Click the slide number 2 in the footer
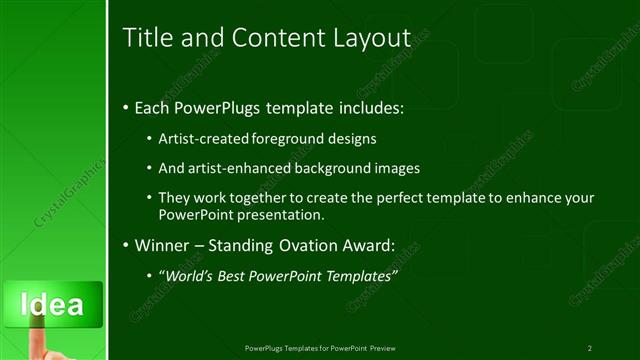tap(590, 348)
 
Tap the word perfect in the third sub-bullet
tap(377, 198)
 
